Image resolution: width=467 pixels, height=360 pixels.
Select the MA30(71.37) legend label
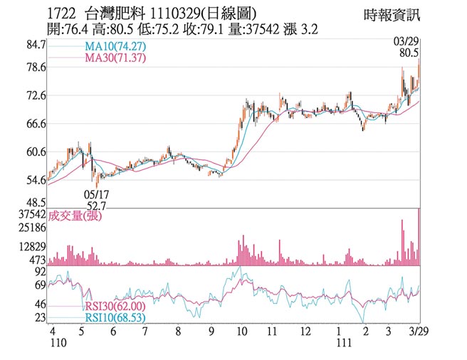pos(107,58)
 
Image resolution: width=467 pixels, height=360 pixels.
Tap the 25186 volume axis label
pos(31,228)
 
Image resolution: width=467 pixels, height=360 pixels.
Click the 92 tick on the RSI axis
pos(40,272)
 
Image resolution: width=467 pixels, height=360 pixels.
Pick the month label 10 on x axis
pos(242,332)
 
